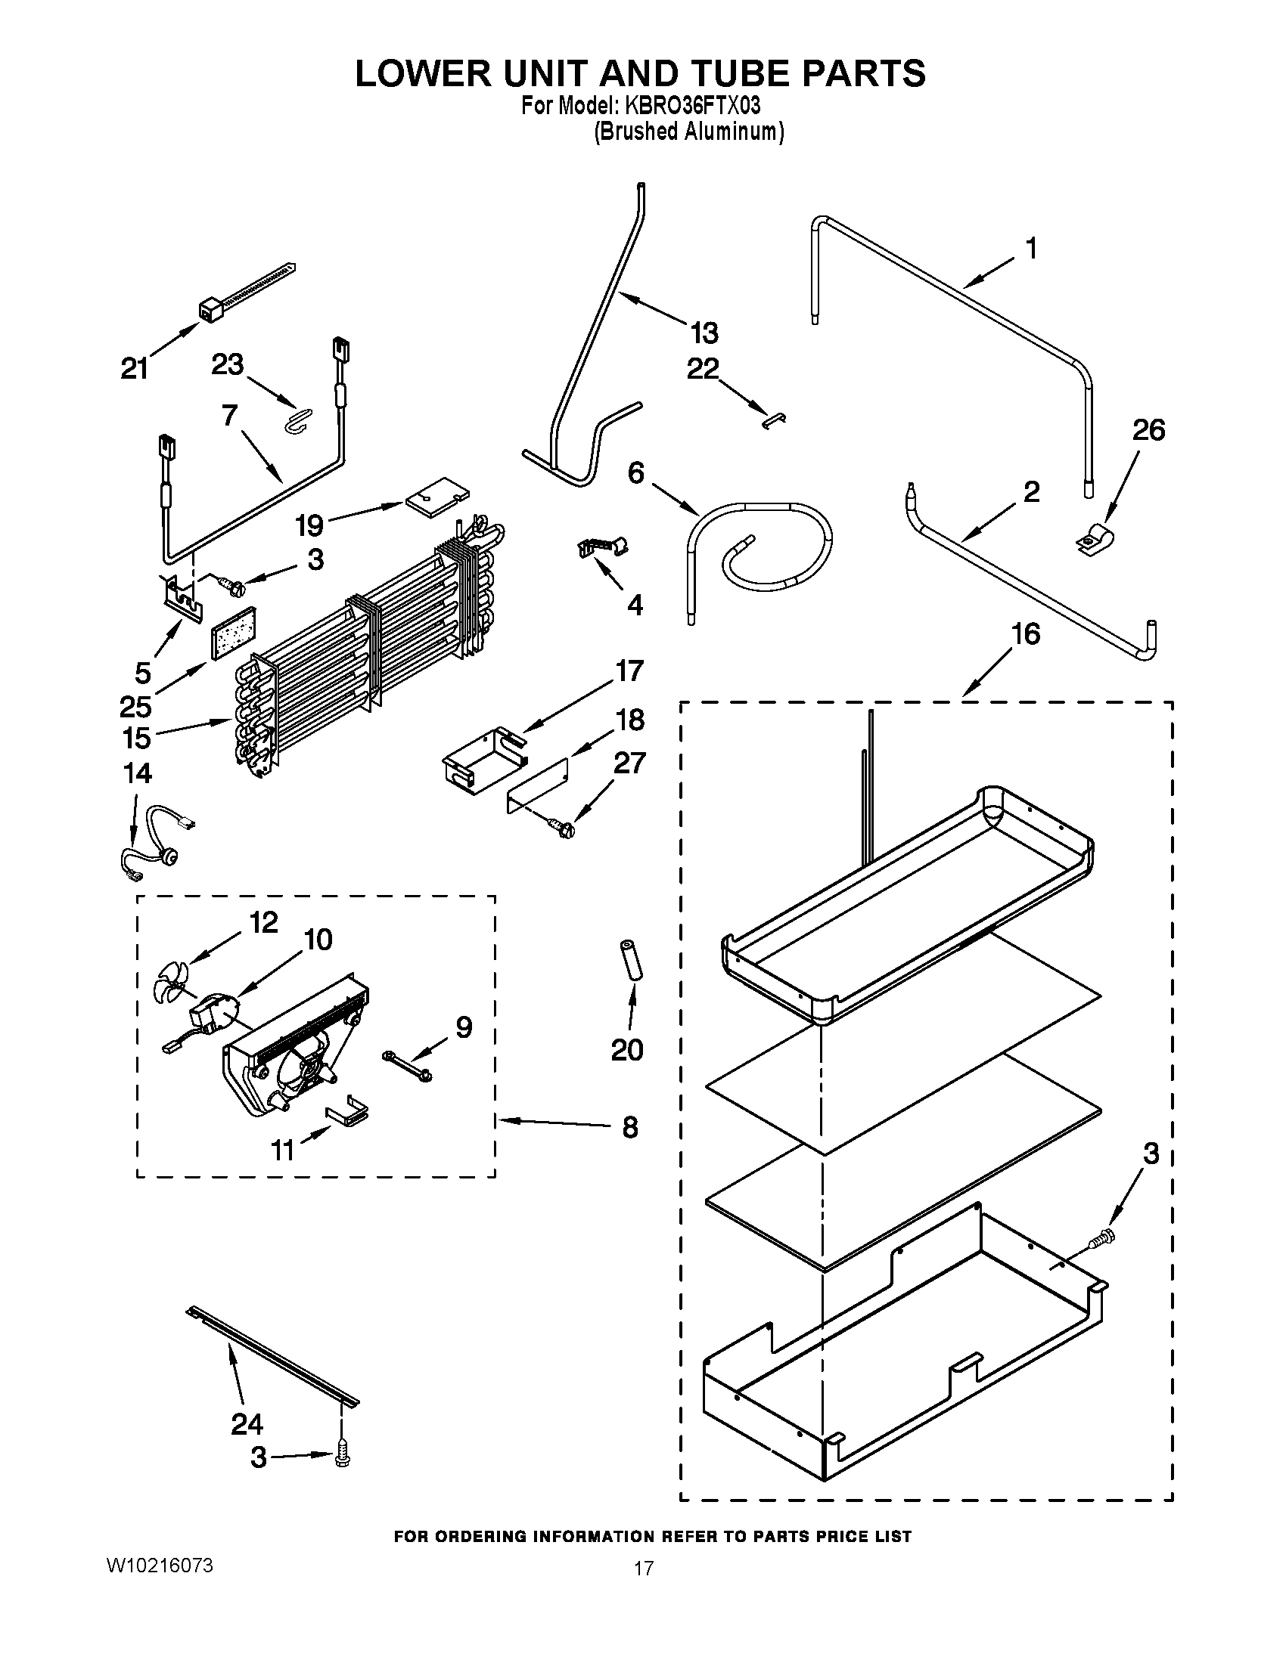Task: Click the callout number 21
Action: (134, 369)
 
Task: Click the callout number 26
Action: (1148, 430)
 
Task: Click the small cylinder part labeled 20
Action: (629, 961)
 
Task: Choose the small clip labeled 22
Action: (775, 418)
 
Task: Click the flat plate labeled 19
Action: (436, 497)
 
